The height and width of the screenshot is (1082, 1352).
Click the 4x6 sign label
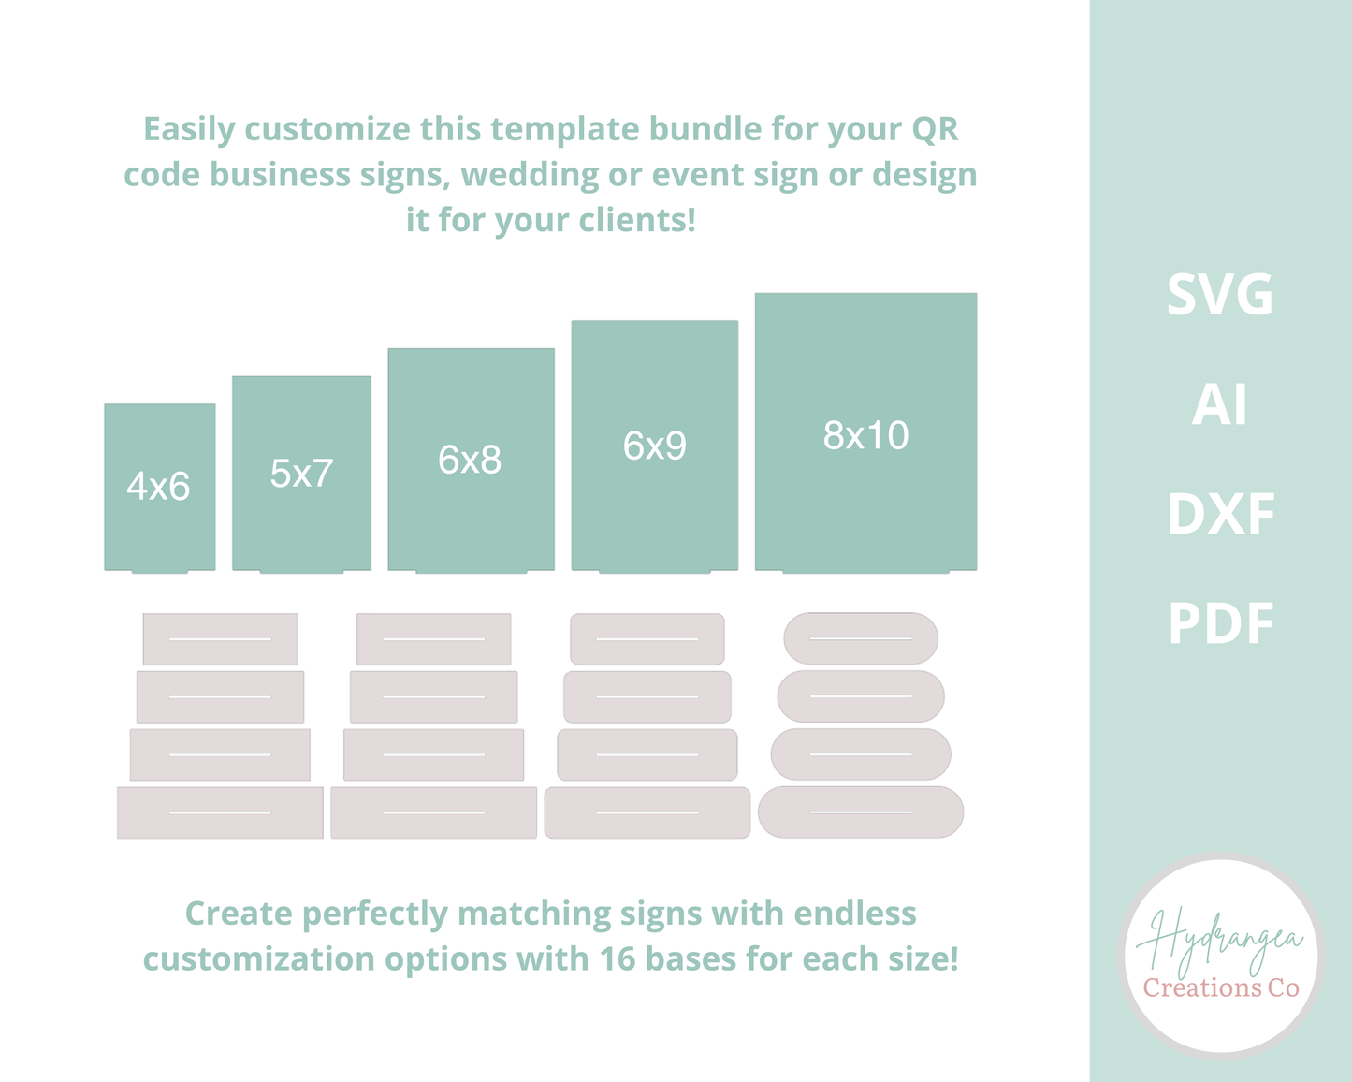[158, 487]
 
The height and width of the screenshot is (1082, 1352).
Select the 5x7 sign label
[301, 474]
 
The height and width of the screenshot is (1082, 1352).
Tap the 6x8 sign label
[470, 461]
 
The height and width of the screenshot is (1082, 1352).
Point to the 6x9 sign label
[654, 446]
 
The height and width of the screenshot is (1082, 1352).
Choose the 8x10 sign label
[865, 436]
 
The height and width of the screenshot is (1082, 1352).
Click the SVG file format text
[1220, 295]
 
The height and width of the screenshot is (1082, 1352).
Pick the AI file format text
[1220, 405]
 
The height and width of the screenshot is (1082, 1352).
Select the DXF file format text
[1220, 515]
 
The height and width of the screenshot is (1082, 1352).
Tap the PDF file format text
[1220, 624]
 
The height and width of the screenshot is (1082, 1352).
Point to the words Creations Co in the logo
[1221, 988]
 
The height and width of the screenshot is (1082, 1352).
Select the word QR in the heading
[935, 129]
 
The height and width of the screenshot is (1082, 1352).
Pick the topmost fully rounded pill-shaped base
[861, 638]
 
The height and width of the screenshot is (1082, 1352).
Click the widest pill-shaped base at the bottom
[861, 812]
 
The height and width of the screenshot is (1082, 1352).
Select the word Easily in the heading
[189, 129]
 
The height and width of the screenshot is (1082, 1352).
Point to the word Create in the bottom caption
[239, 914]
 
